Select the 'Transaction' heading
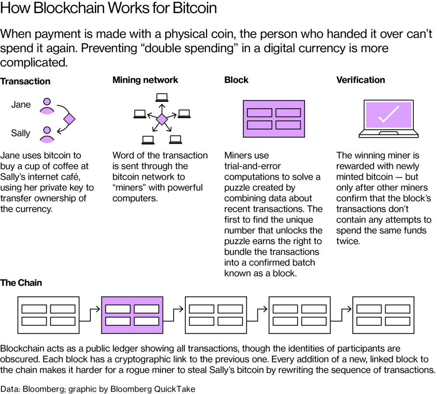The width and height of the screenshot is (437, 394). [25, 81]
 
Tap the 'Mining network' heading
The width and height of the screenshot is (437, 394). [145, 80]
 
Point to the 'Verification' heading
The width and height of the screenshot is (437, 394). [361, 80]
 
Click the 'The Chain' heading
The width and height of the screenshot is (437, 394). [21, 283]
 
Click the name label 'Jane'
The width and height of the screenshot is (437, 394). [21, 105]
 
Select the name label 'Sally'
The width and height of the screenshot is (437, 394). [21, 133]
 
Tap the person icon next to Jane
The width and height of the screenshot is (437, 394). [46, 106]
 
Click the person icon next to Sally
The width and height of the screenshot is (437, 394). [46, 135]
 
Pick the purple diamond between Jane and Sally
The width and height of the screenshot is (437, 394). [69, 119]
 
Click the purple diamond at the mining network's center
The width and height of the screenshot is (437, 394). [162, 119]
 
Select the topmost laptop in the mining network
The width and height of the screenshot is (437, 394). [162, 97]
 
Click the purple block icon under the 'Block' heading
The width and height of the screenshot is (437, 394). [274, 118]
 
